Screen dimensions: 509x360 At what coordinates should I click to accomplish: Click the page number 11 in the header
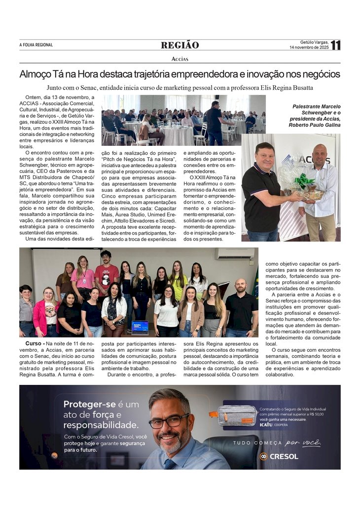coord(335,45)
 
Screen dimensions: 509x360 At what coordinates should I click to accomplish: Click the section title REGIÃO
coord(180,45)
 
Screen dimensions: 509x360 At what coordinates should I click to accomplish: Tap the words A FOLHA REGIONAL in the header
coord(36,45)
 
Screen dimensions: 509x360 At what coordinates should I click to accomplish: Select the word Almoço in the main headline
coord(36,74)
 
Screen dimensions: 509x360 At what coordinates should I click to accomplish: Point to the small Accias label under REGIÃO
coord(180,59)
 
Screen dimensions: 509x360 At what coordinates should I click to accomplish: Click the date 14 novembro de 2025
coord(309,48)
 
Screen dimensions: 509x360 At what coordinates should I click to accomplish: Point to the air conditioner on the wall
coord(235,253)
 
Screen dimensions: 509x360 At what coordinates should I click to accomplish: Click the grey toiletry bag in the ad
coord(237,415)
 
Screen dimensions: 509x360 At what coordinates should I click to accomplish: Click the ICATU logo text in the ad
coord(266,424)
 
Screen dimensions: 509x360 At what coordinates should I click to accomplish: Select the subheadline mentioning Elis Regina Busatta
coord(180,88)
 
